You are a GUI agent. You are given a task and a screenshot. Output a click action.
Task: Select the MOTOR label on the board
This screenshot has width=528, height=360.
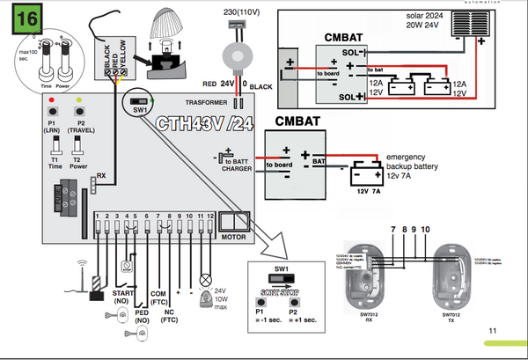click(x=233, y=236)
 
